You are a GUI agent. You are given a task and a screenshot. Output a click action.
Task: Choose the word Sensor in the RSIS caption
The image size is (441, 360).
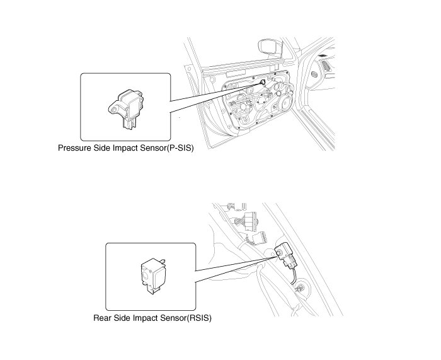point(169,318)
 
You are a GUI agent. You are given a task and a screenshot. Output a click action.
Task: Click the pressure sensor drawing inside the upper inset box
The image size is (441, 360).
point(127,108)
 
